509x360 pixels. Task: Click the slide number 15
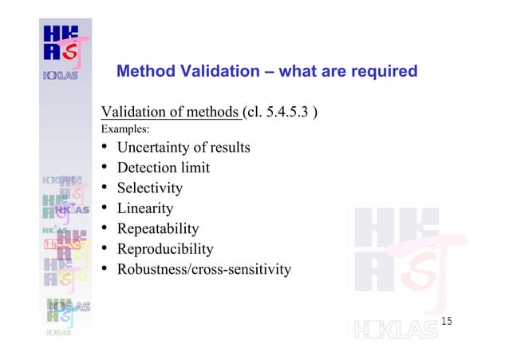click(447, 321)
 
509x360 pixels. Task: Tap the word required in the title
click(381, 72)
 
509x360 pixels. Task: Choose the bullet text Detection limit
click(164, 168)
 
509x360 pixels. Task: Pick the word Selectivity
click(150, 188)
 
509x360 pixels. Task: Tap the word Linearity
click(145, 208)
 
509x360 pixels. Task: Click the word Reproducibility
click(165, 249)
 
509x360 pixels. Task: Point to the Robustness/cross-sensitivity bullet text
click(204, 269)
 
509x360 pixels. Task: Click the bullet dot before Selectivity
click(105, 188)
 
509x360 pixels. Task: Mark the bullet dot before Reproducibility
click(105, 249)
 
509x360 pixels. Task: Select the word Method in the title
click(144, 72)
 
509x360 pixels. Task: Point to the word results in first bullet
click(228, 148)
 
